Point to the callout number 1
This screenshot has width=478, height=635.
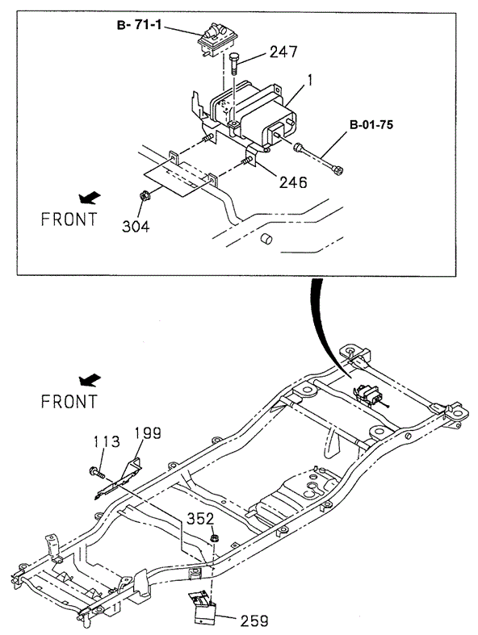click(308, 80)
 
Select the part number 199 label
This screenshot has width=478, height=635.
click(147, 433)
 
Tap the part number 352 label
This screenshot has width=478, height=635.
click(201, 519)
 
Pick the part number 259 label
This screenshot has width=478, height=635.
click(252, 620)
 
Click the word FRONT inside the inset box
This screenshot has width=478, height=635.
click(69, 219)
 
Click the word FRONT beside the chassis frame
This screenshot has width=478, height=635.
click(69, 400)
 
